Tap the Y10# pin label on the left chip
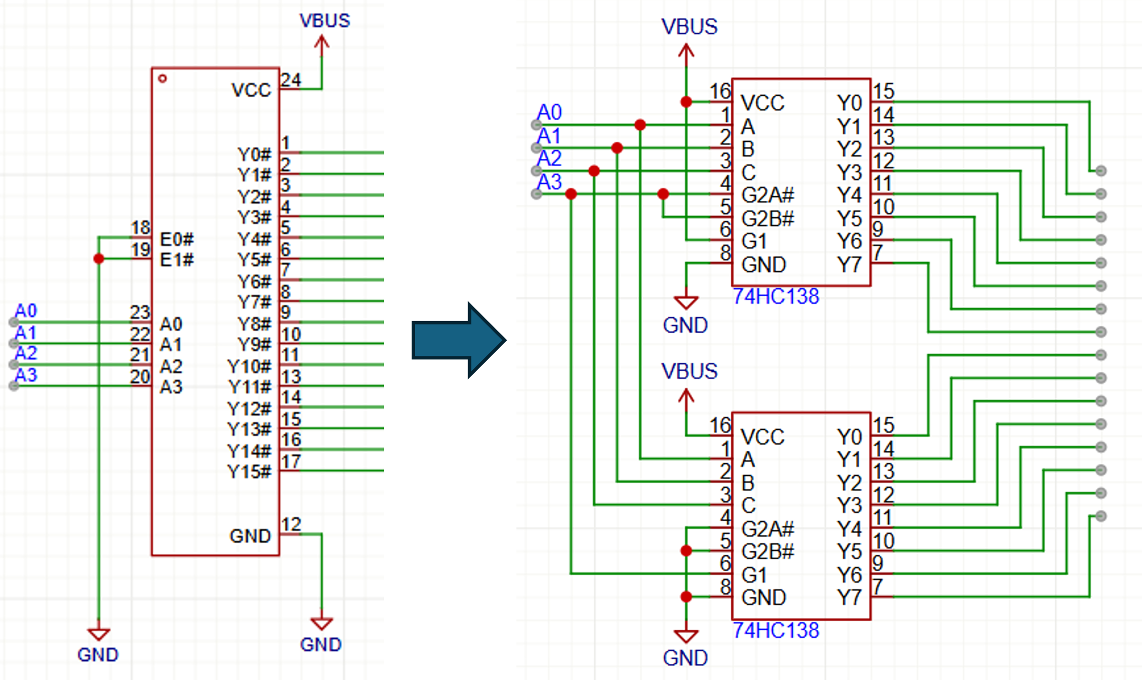(x=249, y=367)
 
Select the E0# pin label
(x=177, y=239)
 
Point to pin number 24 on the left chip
(x=291, y=79)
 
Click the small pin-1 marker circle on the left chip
(x=162, y=78)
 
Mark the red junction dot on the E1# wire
(x=99, y=259)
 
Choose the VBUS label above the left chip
(x=325, y=21)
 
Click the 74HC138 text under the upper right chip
(x=775, y=297)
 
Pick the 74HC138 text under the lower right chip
(x=775, y=631)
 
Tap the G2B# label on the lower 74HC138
(x=767, y=552)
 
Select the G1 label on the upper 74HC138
(x=754, y=241)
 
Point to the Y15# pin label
(x=249, y=472)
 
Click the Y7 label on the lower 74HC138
(x=849, y=597)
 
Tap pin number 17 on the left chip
(x=291, y=461)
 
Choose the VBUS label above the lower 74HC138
(x=689, y=371)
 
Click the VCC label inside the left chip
(x=251, y=90)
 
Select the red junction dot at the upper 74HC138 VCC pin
(x=686, y=101)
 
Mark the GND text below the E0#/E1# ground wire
(x=98, y=655)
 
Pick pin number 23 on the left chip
(x=140, y=312)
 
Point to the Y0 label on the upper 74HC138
(x=849, y=103)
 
